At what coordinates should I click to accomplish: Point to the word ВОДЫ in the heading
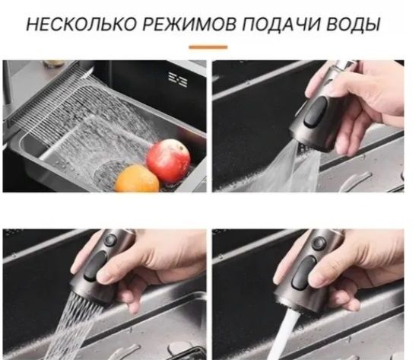[354, 25]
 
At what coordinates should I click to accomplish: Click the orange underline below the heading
[208, 46]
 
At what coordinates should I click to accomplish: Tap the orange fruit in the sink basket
[138, 179]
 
